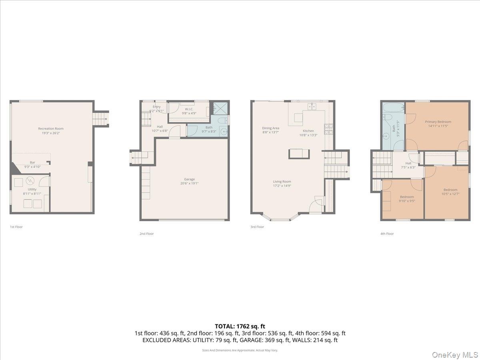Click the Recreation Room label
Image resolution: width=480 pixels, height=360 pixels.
pos(51,128)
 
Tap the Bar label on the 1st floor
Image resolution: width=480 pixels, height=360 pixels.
pos(32,162)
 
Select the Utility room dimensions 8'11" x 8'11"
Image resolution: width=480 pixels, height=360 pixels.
pos(32,194)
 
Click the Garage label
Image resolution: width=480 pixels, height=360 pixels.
pos(189,179)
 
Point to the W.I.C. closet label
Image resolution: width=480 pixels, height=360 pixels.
pos(189,109)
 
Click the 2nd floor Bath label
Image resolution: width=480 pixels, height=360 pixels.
pos(209,127)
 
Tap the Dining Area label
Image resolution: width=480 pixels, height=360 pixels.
pos(270,128)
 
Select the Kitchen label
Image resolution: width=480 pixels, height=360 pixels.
pos(308,131)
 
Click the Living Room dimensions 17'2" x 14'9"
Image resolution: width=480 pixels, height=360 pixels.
pos(282,186)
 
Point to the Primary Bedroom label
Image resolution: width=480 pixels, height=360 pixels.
pos(438,122)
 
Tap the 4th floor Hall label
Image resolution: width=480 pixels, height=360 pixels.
pos(408,163)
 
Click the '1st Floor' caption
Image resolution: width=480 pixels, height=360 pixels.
pos(16,227)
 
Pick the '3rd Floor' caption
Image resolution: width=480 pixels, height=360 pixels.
pos(257,227)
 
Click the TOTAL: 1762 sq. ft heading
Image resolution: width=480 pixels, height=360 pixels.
pos(240,326)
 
